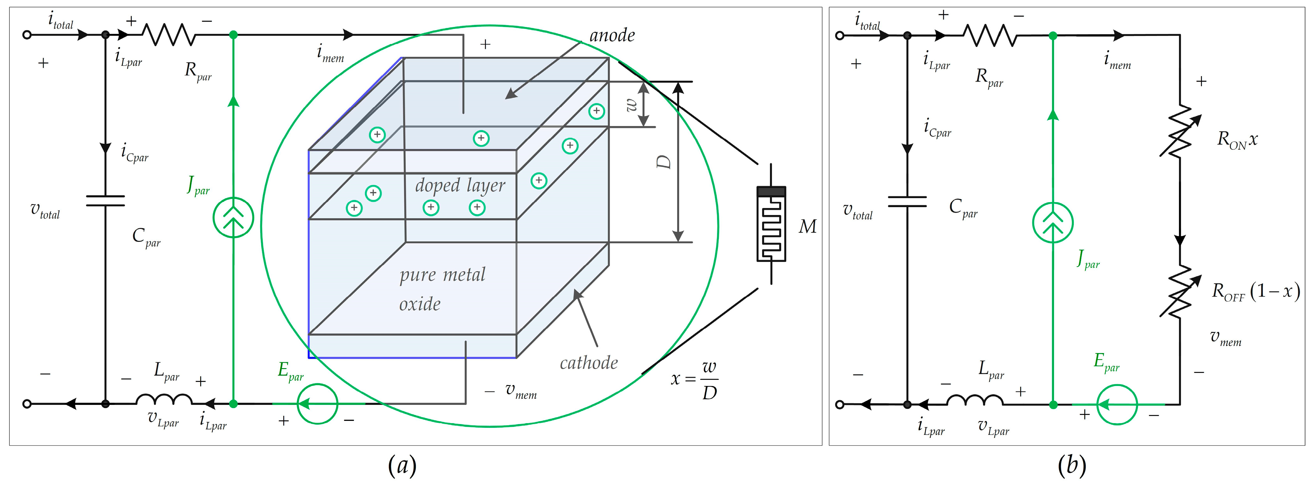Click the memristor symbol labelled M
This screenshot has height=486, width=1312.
(771, 224)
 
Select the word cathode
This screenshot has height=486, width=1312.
(589, 363)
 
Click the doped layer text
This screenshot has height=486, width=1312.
(460, 185)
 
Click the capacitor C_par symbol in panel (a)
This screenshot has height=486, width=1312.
(105, 201)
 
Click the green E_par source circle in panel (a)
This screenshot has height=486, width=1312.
(317, 404)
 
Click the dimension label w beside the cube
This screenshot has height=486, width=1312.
(631, 104)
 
